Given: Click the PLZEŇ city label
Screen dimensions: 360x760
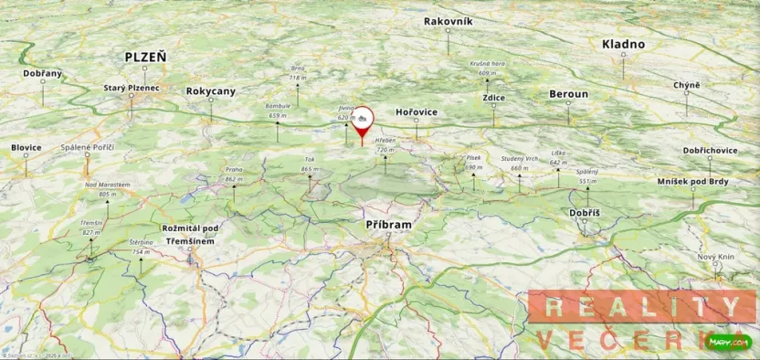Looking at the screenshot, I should point(146,57).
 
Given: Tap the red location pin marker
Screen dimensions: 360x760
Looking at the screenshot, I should point(363,122).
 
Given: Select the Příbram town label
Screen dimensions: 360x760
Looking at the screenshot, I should point(388,223).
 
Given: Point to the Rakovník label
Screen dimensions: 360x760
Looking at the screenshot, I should point(448,21).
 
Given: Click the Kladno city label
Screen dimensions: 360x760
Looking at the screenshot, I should point(623,44).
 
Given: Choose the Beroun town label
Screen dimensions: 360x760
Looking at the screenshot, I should point(568,94).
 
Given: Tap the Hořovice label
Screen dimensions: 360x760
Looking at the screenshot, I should point(417,111).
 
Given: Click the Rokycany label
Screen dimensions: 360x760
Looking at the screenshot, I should point(210,91).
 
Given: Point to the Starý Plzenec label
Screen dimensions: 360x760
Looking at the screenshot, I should point(132,88).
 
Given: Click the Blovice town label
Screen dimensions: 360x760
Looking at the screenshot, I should point(26,147).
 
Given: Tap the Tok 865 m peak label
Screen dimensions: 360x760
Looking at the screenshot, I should point(309,164).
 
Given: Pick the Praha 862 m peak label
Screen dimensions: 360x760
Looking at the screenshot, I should point(234,174).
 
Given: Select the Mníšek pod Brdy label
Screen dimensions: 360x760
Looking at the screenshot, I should point(692,183).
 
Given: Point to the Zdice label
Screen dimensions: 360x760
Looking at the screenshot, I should point(493,97).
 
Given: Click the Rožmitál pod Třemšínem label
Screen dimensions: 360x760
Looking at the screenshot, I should point(190,234).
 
